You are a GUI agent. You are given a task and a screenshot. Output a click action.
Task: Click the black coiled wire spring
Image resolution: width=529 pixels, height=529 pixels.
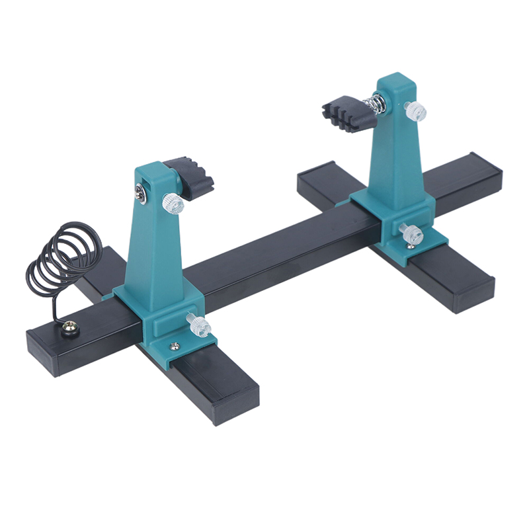pyautogui.click(x=63, y=258)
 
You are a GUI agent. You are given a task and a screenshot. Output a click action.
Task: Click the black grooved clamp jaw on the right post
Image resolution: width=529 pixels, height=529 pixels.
pyautogui.click(x=344, y=112)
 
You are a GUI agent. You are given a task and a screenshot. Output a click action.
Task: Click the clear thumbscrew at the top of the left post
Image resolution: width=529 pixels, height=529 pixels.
pyautogui.click(x=173, y=203)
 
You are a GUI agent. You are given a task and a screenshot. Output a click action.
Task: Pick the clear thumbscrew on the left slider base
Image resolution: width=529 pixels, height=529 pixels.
pyautogui.click(x=198, y=323)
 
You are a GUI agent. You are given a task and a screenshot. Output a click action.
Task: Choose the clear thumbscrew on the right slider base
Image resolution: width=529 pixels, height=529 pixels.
pyautogui.click(x=411, y=233)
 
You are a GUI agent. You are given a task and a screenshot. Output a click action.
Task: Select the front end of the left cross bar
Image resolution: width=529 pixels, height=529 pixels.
pyautogui.click(x=235, y=403)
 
